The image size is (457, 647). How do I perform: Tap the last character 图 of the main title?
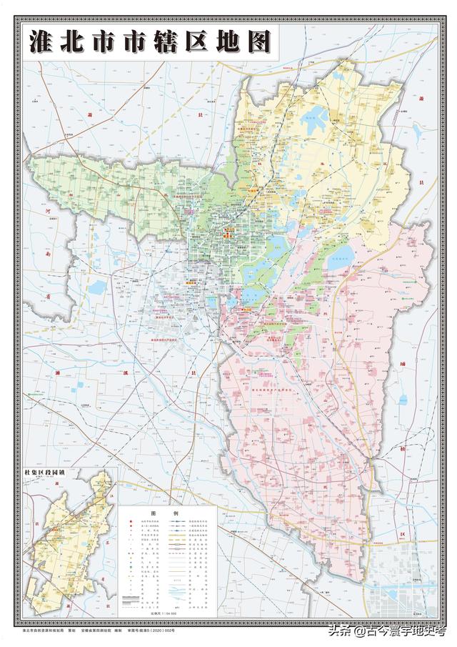pos(259,41)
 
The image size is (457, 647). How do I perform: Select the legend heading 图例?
pos(153,513)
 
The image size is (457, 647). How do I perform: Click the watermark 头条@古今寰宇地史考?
pos(386,631)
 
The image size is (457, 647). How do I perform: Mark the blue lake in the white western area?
pos(98,287)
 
